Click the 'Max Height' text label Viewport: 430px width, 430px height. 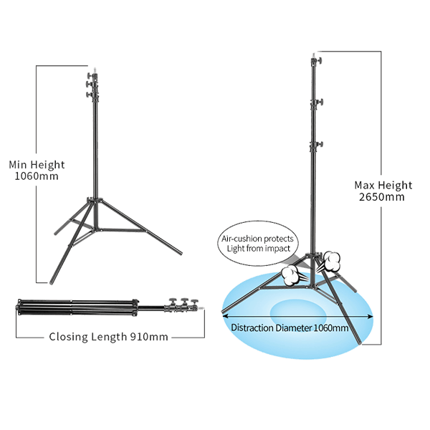point(384,185)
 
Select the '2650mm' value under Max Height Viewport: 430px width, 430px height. point(384,197)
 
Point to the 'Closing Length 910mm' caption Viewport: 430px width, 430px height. point(108,337)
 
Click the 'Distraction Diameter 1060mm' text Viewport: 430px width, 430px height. point(290,328)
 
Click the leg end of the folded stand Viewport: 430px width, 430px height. point(18,309)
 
